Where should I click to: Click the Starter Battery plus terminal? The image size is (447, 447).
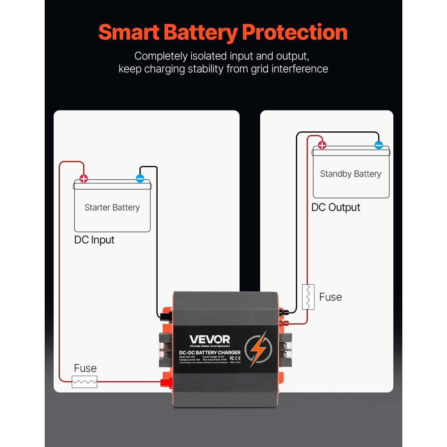coord(84,179)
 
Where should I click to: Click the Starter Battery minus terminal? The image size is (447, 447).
coord(140,179)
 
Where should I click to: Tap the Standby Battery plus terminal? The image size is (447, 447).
coord(322,145)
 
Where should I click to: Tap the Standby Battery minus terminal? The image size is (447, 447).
coord(379,145)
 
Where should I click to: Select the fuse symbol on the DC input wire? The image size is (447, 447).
coord(84,382)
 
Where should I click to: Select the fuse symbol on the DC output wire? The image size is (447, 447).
coord(308,297)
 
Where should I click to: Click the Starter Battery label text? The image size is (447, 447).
coord(112,207)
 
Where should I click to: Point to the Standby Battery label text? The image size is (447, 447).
coord(350,174)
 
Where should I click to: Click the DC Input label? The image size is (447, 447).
coord(94,240)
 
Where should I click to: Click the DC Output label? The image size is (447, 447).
coord(336,207)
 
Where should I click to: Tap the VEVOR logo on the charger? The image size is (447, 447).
coord(210,340)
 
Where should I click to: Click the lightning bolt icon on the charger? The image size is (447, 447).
coord(258,348)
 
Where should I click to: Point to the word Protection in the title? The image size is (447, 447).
coord(295,33)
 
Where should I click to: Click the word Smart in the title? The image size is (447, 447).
coord(130,33)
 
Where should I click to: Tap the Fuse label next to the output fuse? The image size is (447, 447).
coord(330,297)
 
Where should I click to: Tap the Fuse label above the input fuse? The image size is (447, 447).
coord(85,368)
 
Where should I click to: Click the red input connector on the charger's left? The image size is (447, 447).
coord(167,381)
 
